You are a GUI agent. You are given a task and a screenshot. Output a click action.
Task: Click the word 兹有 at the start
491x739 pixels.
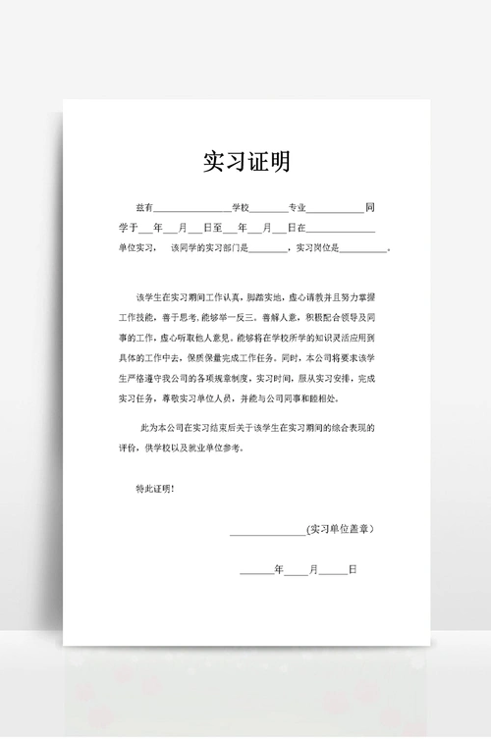point(144,208)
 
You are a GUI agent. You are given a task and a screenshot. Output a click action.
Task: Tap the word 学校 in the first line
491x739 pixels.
point(241,208)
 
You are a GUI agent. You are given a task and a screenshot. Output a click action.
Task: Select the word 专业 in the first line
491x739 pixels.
point(297,208)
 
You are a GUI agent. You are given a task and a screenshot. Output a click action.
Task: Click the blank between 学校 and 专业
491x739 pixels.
point(268,210)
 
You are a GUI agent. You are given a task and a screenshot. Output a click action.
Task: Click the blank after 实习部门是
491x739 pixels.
point(268,249)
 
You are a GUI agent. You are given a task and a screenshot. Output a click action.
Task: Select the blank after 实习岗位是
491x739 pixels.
point(367,249)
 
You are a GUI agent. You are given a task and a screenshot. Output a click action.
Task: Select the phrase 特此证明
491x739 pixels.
point(154,488)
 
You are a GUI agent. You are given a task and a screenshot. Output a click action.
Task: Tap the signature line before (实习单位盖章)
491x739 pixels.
point(266,532)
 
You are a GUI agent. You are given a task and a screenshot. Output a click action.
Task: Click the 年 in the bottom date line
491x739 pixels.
point(278,569)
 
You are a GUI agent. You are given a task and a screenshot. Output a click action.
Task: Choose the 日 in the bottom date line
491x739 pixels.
point(351,569)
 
